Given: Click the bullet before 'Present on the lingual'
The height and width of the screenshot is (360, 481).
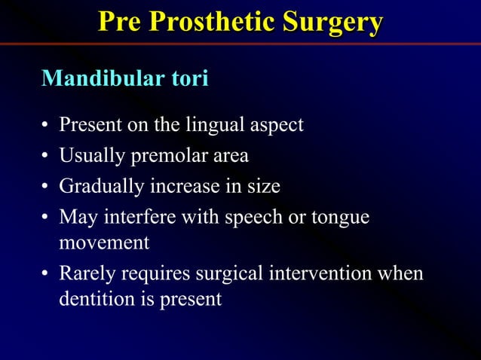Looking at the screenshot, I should (46, 125).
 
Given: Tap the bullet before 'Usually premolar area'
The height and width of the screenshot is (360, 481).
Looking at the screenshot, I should (46, 157).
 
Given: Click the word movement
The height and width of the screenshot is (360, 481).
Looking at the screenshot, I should (104, 243).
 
